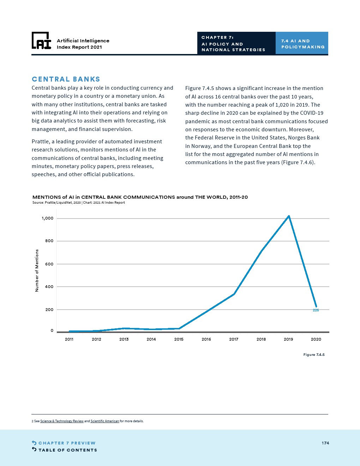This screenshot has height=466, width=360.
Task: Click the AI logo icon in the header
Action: pos(41,41)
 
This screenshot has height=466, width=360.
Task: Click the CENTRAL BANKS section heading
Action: pos(66,79)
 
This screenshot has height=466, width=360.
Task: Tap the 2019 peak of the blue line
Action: pos(289,216)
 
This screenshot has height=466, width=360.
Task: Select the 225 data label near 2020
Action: pos(316,310)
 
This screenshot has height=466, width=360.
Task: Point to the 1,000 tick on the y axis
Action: pos(48,218)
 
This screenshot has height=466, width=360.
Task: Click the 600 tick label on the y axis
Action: pos(49,264)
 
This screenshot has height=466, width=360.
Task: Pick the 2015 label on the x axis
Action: pos(179,339)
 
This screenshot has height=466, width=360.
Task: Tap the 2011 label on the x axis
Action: pos(69,339)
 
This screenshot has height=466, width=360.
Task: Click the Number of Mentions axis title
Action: pos(37,270)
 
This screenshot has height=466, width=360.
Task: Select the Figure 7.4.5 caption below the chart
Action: pos(314,354)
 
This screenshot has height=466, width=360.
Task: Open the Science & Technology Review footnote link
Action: pos(62,421)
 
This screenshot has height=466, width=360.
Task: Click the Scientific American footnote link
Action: pos(105,421)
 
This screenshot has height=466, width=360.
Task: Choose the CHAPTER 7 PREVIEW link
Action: pos(67,443)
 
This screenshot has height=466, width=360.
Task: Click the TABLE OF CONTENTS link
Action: pos(67,450)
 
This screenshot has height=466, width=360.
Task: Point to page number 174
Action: pos(325,443)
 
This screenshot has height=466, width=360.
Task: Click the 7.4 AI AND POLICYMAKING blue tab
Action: pos(302,44)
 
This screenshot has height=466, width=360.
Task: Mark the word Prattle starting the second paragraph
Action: pos(41,142)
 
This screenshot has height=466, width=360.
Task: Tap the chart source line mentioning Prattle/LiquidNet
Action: pos(79,203)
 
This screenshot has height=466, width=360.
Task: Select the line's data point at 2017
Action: pos(234,294)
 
